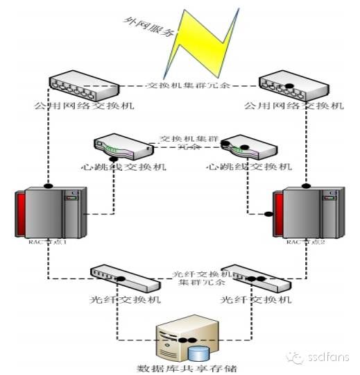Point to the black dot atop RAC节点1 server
click(x=48, y=186)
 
